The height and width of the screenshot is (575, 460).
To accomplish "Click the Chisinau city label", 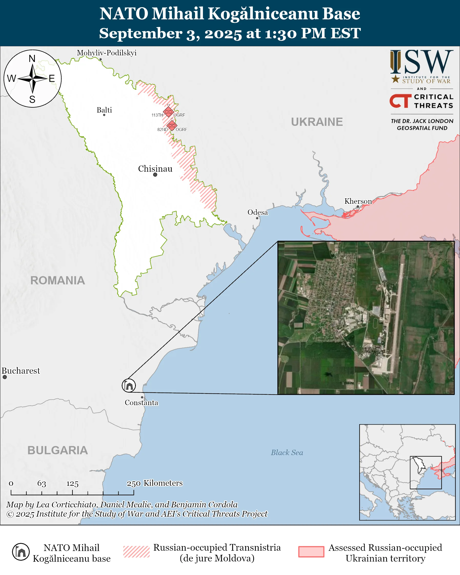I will [155, 169].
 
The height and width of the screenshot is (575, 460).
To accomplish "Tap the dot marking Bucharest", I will [5, 377].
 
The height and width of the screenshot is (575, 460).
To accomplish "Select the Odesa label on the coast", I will [257, 212].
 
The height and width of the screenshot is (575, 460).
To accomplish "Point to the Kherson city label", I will [358, 201].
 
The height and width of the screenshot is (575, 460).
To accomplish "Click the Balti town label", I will [104, 110].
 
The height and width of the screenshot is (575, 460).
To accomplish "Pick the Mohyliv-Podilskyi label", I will [106, 53].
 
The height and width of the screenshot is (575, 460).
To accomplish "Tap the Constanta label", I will [141, 403].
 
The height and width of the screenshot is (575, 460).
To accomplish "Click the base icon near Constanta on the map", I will [129, 385].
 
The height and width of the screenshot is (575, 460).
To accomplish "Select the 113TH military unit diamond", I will [168, 112].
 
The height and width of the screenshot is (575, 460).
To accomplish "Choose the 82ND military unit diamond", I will [172, 125].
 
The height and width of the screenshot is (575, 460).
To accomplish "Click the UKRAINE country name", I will [317, 122].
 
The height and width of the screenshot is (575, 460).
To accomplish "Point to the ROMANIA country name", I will [58, 281].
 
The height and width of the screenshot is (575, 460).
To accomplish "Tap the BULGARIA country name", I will [58, 450].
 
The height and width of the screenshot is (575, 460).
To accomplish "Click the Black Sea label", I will [287, 452].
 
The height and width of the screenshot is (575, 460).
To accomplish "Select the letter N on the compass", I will [32, 59].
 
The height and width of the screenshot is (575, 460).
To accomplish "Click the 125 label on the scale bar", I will [72, 484].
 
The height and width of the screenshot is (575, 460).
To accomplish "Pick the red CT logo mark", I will [400, 101].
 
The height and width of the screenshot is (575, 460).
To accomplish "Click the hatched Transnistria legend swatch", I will [136, 551].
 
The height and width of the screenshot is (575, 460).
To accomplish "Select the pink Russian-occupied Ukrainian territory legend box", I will [311, 551].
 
